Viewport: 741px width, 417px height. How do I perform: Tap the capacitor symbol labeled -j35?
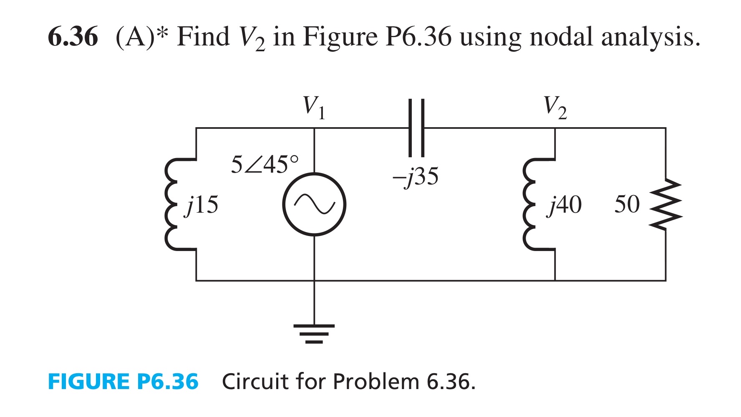click(416, 128)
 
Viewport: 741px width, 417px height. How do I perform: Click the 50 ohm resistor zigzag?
click(666, 204)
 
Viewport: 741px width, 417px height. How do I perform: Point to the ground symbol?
click(314, 334)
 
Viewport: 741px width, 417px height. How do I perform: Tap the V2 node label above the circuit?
click(555, 107)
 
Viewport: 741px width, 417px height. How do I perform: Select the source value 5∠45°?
click(265, 164)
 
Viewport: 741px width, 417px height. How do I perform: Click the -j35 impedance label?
click(416, 177)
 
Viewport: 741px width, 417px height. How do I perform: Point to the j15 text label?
click(202, 205)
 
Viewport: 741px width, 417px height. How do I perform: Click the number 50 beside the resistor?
click(627, 204)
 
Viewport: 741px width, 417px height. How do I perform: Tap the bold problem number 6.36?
click(73, 37)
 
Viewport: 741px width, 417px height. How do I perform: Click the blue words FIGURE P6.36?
click(123, 382)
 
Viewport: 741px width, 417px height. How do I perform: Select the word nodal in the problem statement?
click(557, 37)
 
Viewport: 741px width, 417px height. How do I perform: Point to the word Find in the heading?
click(203, 37)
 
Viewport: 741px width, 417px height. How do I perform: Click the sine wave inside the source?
click(314, 204)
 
